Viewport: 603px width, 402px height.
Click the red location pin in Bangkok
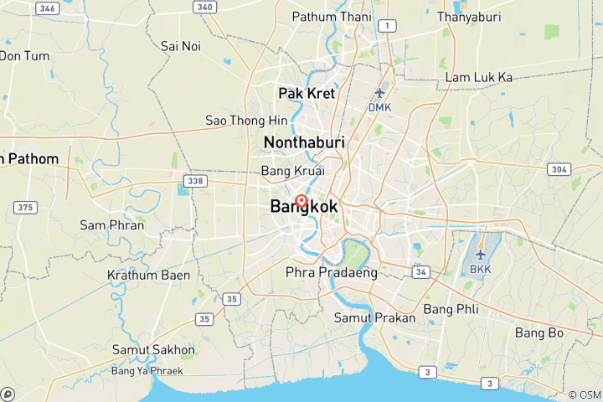(301, 201)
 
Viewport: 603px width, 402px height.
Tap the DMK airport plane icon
(379, 93)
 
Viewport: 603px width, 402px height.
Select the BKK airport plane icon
(480, 254)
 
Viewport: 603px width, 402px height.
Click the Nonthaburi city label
(304, 143)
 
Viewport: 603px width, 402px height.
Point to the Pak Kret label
(306, 93)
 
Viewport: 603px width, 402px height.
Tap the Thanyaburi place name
(475, 16)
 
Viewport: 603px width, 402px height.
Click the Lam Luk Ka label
(479, 77)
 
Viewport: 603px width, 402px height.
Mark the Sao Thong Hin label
(246, 121)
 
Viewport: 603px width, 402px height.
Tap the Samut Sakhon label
(153, 349)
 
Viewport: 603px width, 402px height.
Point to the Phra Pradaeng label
(331, 272)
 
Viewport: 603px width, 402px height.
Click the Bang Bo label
(539, 332)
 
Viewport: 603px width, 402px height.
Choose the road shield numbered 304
(559, 169)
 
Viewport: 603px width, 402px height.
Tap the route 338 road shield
(196, 180)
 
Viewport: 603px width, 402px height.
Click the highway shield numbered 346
(49, 8)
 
